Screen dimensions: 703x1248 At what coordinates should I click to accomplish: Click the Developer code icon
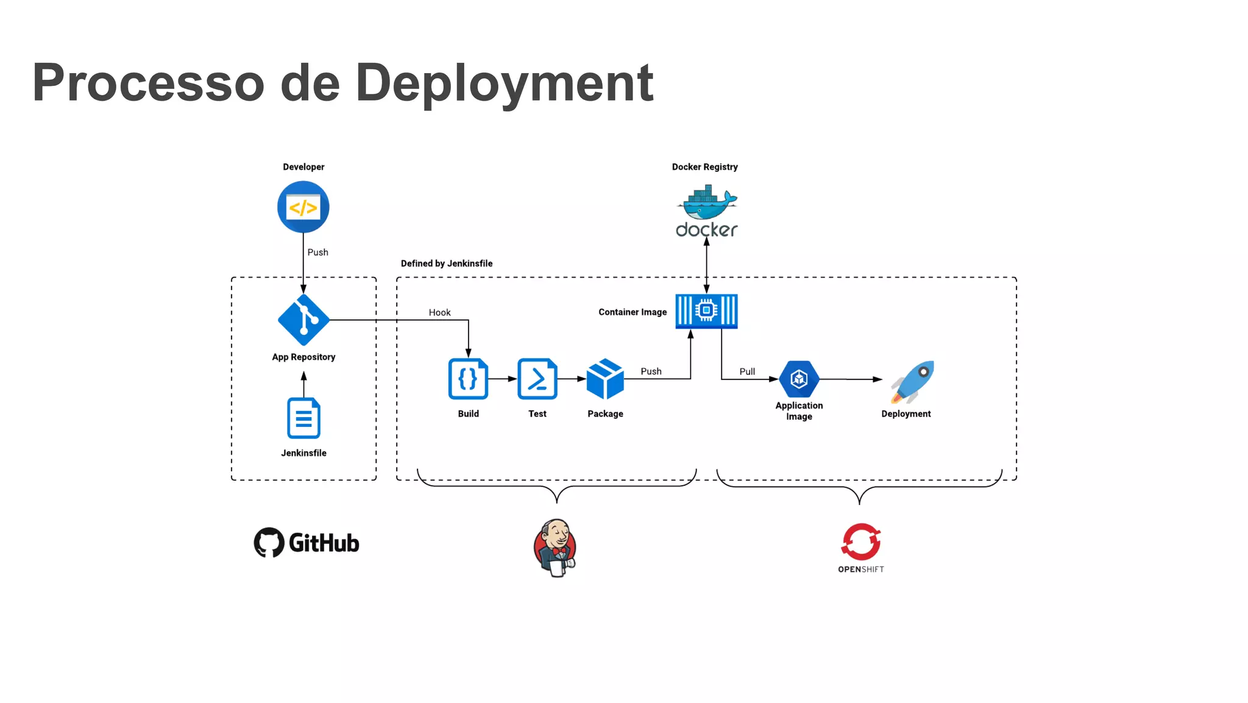[303, 207]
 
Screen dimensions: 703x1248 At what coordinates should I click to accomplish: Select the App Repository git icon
[303, 319]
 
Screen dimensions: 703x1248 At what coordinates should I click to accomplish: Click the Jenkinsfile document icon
[303, 418]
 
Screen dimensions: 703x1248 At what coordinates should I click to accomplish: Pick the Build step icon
[468, 379]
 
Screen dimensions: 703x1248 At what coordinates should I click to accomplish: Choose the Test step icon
[537, 379]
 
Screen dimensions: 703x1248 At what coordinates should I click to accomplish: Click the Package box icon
[605, 379]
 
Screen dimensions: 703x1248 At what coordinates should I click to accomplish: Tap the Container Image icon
[706, 311]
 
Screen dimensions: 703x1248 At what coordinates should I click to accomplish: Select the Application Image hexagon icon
[799, 379]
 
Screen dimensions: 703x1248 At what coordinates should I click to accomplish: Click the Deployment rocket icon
[912, 382]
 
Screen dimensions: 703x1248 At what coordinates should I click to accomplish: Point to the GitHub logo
[307, 542]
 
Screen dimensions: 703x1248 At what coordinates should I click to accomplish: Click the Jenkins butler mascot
[555, 548]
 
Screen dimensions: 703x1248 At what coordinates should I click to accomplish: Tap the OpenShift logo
[860, 548]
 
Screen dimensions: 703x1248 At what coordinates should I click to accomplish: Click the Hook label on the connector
[439, 312]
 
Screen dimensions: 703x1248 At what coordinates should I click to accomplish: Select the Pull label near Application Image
[747, 371]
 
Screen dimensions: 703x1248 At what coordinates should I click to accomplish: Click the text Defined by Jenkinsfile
[446, 263]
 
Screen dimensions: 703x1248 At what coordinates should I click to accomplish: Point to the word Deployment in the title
[504, 84]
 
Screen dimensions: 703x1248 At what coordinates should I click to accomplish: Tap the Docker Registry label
[704, 166]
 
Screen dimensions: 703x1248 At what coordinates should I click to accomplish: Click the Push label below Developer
[317, 252]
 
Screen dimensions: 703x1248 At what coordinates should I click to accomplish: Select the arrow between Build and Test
[503, 379]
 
